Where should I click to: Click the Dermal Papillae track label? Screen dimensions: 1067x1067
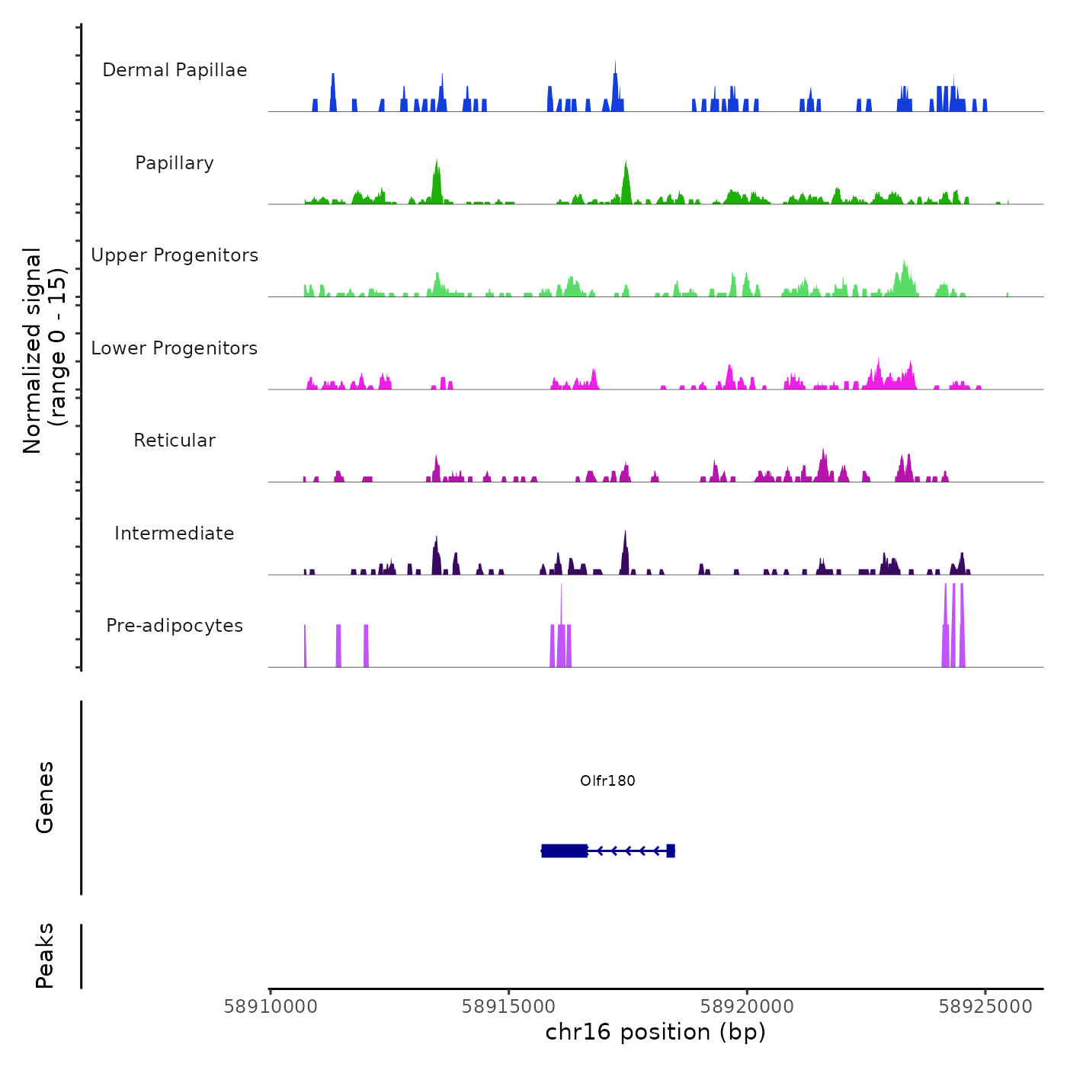(x=175, y=70)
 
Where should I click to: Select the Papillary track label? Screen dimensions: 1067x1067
(x=175, y=163)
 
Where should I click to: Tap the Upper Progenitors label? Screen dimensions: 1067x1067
(x=175, y=255)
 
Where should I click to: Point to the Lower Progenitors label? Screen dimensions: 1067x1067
(x=175, y=348)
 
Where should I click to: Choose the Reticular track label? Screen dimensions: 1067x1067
(x=175, y=441)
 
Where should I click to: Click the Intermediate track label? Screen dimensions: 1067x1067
(x=175, y=533)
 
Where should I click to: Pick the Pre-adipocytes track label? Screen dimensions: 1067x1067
(x=175, y=626)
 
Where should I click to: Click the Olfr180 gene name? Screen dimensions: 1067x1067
(x=607, y=780)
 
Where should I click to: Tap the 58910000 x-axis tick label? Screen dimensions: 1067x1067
(x=271, y=1007)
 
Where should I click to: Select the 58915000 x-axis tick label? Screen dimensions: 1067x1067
(x=508, y=1007)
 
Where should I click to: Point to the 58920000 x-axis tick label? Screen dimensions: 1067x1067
(x=747, y=1007)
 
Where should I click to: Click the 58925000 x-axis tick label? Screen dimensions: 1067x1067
(x=985, y=1007)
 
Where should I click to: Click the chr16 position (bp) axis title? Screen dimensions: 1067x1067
(x=655, y=1033)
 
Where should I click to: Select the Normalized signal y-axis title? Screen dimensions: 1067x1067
(x=44, y=351)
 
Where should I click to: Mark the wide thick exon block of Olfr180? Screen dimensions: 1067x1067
(x=564, y=851)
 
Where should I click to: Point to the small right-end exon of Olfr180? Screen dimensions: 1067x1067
(x=671, y=851)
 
